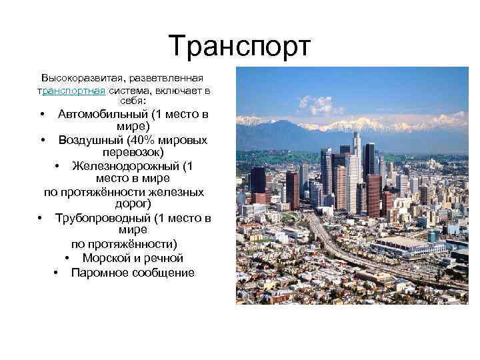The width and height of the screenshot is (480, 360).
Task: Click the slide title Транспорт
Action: [x=240, y=46]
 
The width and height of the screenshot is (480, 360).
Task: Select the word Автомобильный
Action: [x=99, y=114]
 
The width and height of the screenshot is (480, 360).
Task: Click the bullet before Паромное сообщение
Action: [x=55, y=273]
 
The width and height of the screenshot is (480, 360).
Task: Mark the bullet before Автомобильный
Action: [x=42, y=115]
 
